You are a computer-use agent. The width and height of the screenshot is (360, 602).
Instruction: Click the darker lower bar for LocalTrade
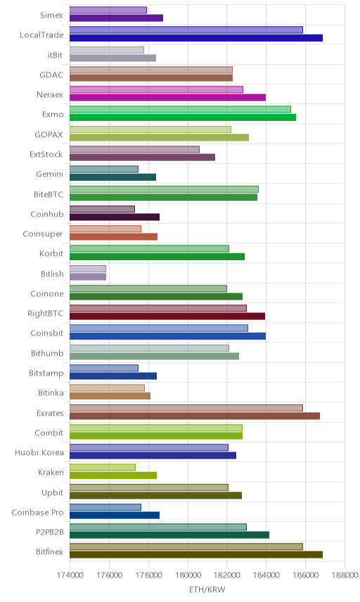click(x=196, y=38)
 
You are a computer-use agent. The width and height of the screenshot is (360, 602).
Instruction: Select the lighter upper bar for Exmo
click(x=181, y=110)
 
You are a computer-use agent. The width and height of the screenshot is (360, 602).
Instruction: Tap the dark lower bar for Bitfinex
click(x=196, y=554)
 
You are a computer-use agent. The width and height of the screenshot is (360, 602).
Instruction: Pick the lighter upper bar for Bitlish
click(x=88, y=269)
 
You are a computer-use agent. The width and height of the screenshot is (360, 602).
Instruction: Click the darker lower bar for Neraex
click(x=168, y=98)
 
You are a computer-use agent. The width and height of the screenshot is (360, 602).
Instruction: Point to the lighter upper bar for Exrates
click(x=186, y=408)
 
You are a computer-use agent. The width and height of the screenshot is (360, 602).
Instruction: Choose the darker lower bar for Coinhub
click(x=115, y=217)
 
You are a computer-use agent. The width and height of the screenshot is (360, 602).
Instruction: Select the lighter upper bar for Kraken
click(x=103, y=467)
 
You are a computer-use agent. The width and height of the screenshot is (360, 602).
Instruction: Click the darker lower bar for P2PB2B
click(x=169, y=534)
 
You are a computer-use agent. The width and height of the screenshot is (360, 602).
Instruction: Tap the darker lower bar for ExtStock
click(x=143, y=157)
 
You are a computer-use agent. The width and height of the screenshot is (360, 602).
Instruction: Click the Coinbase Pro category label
click(x=37, y=512)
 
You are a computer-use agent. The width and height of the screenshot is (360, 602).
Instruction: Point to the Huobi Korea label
click(x=39, y=453)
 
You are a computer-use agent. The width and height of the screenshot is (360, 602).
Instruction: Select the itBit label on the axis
click(x=56, y=55)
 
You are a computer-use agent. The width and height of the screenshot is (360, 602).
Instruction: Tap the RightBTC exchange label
click(x=45, y=313)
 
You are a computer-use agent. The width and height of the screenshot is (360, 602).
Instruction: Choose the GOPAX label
click(x=49, y=135)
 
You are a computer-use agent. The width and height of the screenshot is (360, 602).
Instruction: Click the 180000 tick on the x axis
click(x=188, y=575)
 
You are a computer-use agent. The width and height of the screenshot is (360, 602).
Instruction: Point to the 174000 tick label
click(x=70, y=575)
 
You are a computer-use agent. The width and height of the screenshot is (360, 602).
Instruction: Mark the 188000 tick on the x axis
click(x=345, y=575)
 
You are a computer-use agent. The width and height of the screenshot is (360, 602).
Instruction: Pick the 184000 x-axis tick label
click(x=266, y=575)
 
